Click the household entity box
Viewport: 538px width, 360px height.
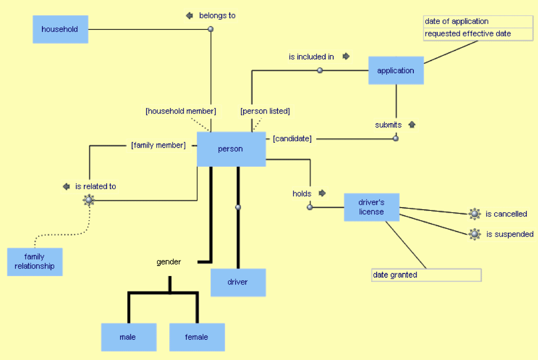click(60, 29)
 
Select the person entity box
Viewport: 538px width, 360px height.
click(231, 149)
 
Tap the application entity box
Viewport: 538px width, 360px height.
click(396, 71)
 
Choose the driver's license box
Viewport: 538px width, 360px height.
click(371, 207)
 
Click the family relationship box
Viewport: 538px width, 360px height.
click(34, 262)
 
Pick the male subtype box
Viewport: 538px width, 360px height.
click(128, 337)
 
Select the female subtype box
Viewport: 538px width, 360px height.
click(197, 337)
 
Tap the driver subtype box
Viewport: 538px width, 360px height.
click(238, 282)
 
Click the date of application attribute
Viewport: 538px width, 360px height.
click(478, 22)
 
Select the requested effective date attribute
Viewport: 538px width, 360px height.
click(478, 34)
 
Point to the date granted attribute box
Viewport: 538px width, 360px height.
click(427, 275)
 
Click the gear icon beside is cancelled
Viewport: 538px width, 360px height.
click(475, 214)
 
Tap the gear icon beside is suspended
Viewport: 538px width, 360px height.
click(475, 234)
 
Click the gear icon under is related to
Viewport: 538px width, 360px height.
click(89, 200)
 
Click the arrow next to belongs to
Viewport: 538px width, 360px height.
click(189, 16)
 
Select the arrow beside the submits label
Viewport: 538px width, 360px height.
click(412, 125)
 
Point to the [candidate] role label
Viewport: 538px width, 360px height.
click(292, 139)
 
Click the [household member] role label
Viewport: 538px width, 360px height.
click(181, 112)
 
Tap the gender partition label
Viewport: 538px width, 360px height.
click(169, 262)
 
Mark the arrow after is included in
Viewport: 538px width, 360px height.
click(346, 56)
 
